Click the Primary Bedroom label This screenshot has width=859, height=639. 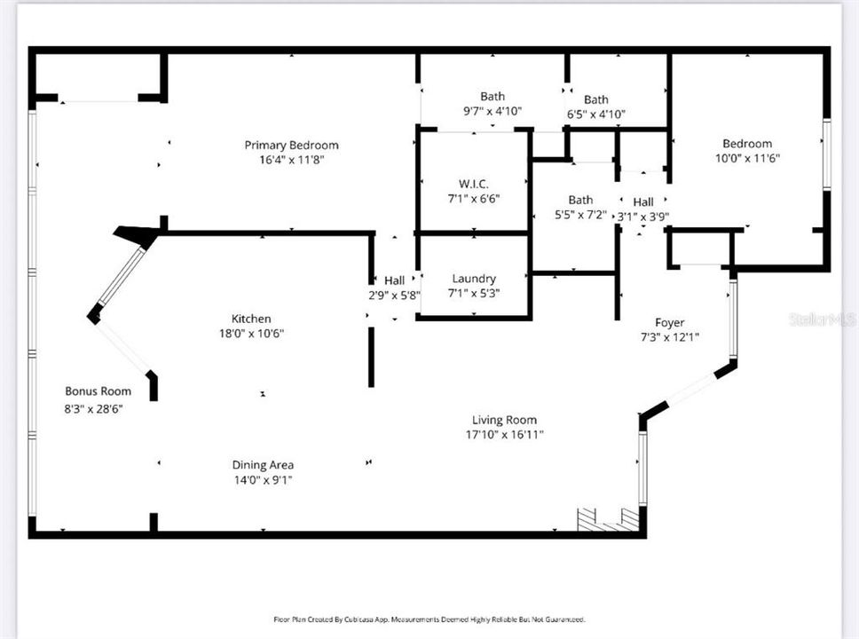(291, 146)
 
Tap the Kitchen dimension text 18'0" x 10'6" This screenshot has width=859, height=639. (251, 333)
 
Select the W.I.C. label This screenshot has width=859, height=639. (473, 184)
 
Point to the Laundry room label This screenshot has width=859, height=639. (474, 279)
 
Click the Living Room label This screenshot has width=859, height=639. (504, 420)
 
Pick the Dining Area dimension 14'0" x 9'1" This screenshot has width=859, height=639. (263, 480)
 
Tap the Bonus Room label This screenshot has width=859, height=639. (99, 391)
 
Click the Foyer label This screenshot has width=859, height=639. (669, 323)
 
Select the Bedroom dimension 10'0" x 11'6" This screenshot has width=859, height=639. (747, 158)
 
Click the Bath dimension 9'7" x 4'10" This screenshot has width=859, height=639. (493, 111)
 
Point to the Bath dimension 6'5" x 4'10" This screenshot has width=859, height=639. (596, 114)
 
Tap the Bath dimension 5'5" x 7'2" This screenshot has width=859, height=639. (580, 215)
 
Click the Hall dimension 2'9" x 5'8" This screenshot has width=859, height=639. (394, 296)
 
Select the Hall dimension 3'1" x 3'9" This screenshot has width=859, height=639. (643, 217)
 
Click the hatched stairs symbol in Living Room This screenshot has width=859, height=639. (609, 519)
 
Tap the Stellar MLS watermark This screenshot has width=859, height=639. (823, 319)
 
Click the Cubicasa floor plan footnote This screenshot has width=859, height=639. (429, 619)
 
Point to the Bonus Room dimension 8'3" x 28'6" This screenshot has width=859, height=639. (94, 409)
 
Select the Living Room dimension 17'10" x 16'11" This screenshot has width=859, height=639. (504, 435)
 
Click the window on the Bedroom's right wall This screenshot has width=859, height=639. (827, 154)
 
